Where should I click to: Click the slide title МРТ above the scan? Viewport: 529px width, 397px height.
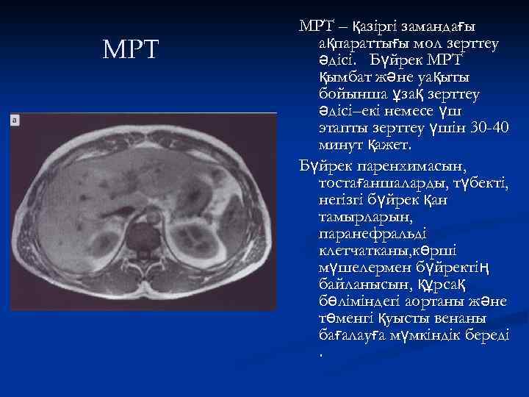pyautogui.click(x=131, y=49)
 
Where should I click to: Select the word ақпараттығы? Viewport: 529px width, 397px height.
pyautogui.click(x=367, y=44)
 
